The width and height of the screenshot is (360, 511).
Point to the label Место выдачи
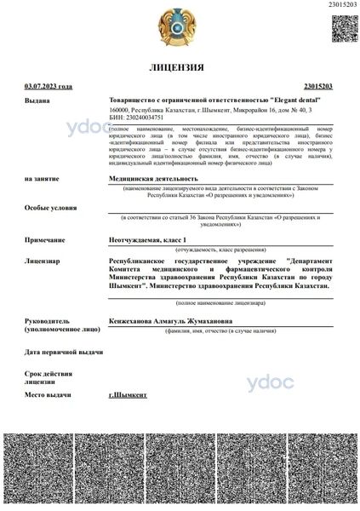click(48, 395)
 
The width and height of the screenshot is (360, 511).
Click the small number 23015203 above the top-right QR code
click(342, 6)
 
